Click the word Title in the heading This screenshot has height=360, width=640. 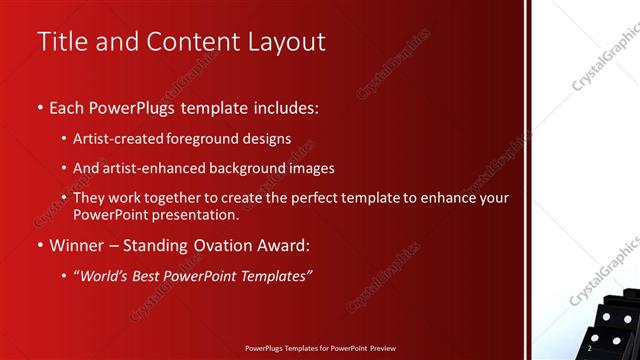pos(61,42)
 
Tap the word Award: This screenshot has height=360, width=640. pos(281,245)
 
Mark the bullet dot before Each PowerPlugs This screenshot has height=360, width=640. pos(39,107)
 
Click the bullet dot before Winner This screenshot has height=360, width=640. pos(39,246)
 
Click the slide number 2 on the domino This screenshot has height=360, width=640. pos(590,349)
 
